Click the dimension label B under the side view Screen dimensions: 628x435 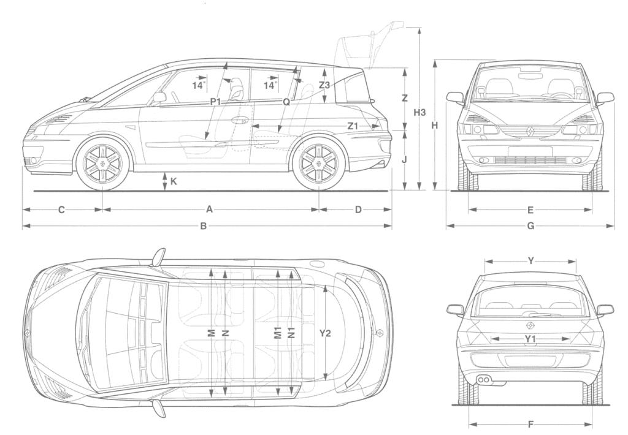(204, 226)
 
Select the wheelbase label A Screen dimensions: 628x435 (209, 209)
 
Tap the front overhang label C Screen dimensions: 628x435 (61, 210)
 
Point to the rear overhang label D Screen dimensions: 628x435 (358, 209)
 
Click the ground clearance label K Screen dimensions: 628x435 (174, 181)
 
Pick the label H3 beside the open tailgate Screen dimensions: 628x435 (419, 113)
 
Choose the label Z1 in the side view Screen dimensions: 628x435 (353, 126)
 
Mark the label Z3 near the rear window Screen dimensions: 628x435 (324, 85)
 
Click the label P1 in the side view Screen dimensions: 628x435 (216, 102)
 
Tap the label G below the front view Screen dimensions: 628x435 (530, 226)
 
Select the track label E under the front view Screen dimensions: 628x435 (530, 210)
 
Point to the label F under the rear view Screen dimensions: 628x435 (530, 424)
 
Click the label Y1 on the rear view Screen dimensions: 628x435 (530, 339)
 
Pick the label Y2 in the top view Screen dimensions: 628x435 (325, 333)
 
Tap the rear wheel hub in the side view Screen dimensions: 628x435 (319, 163)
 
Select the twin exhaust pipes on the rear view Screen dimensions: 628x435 (483, 379)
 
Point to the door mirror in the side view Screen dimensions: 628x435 (159, 97)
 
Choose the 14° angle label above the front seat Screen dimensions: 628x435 (199, 85)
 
